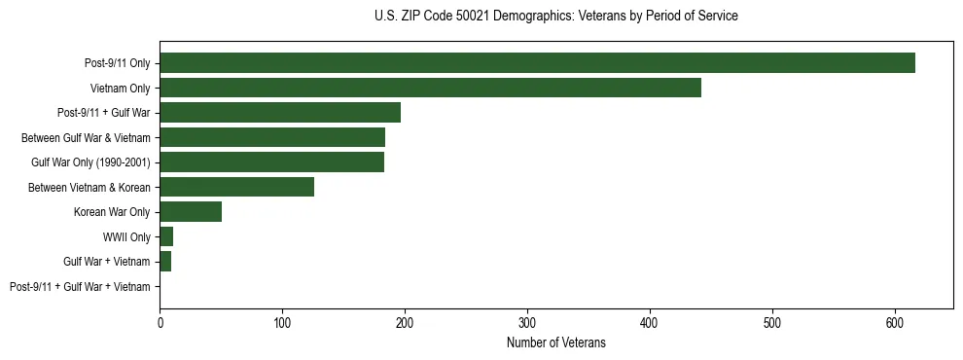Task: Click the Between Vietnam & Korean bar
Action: [237, 187]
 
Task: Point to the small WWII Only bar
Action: [166, 236]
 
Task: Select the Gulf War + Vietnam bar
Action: [165, 262]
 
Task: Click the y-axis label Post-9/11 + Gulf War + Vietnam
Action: [80, 287]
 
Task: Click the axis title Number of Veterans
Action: [555, 342]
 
